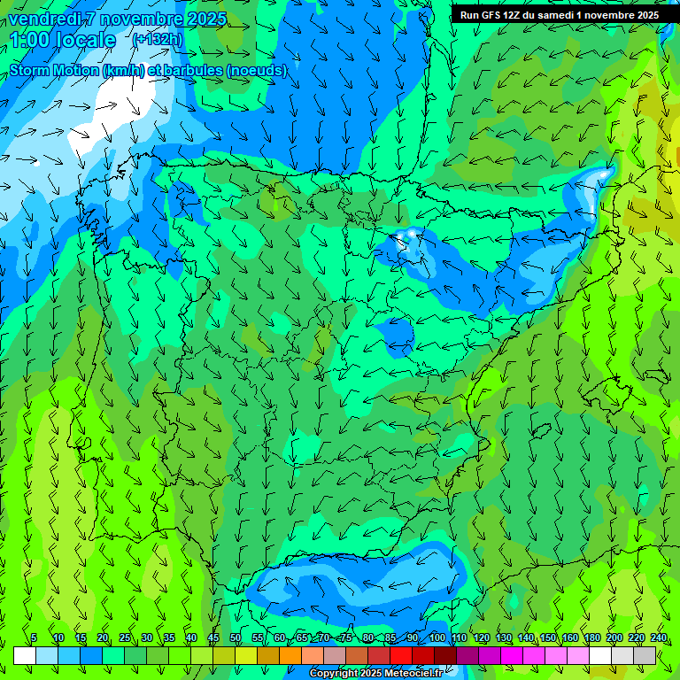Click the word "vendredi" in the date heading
(x=42, y=19)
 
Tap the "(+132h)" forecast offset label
(x=157, y=39)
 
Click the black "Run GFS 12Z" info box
(x=559, y=14)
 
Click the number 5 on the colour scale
(x=34, y=637)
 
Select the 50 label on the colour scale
(x=235, y=637)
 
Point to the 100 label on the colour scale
(x=437, y=637)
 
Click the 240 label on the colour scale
(x=658, y=637)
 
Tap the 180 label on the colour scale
(x=591, y=637)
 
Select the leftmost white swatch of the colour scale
(x=25, y=655)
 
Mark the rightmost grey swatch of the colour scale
(x=645, y=655)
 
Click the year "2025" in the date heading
(x=208, y=19)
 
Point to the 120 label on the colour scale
(x=481, y=637)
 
